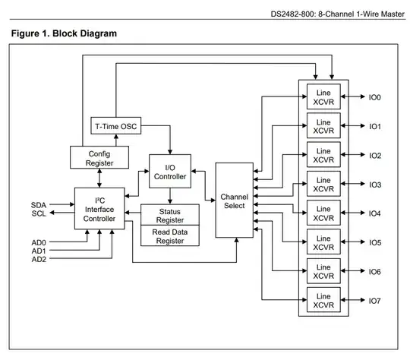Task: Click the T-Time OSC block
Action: click(117, 126)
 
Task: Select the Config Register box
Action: click(99, 157)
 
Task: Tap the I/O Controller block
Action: click(170, 172)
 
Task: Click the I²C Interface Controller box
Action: click(99, 209)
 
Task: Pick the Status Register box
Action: click(170, 215)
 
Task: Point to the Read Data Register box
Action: click(170, 235)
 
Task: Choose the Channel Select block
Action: click(234, 201)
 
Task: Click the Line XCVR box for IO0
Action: click(323, 96)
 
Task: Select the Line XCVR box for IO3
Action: click(323, 185)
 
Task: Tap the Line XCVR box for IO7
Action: click(323, 301)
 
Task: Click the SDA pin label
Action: click(39, 205)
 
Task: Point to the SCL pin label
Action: click(39, 213)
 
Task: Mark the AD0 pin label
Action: click(39, 242)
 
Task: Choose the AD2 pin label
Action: click(39, 259)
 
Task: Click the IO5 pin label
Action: click(375, 243)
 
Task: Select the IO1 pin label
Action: click(375, 126)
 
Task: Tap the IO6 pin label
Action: click(375, 272)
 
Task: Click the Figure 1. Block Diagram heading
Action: click(65, 34)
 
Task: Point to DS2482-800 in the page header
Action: click(298, 14)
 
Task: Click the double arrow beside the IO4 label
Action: click(352, 213)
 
